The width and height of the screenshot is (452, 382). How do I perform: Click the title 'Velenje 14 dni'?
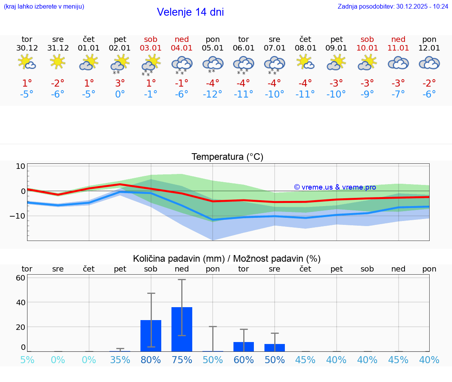pos(190,12)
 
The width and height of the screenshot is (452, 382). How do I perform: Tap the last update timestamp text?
pos(393,6)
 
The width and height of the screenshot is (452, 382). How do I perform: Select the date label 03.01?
pos(151,48)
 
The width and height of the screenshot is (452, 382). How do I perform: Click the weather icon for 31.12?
pos(58,62)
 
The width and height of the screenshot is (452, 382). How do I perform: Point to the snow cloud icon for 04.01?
pos(182,64)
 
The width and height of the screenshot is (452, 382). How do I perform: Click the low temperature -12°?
pos(213,94)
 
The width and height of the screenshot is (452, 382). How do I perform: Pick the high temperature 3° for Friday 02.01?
pos(120,83)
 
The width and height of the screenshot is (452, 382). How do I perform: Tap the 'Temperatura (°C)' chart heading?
pos(227,157)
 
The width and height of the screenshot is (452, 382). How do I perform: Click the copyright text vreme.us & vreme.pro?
pos(335,187)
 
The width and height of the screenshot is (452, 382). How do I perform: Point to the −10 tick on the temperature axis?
pos(18,216)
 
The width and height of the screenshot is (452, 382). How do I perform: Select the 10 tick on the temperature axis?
pos(20,166)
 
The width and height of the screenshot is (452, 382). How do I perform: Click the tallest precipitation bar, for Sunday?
pos(182,329)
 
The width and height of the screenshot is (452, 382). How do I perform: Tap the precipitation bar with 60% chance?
pos(244,347)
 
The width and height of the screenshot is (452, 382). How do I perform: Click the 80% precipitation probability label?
pos(151,360)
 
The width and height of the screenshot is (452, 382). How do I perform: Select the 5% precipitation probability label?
pos(27,360)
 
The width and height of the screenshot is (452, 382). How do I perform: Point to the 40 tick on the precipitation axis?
pos(20,302)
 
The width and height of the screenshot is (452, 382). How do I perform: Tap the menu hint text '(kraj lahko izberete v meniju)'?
pos(44,6)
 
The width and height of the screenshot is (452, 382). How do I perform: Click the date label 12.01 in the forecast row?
pos(429,48)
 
